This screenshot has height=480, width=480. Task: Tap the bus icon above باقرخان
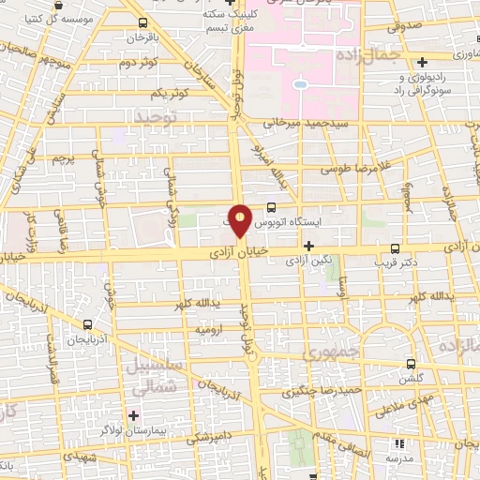[142, 22]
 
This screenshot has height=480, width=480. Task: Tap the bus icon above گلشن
[411, 363]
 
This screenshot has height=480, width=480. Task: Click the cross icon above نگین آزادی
[308, 246]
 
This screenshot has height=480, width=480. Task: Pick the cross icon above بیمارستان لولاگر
[133, 413]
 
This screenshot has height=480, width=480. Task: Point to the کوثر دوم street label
[138, 62]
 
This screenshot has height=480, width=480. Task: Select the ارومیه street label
[209, 330]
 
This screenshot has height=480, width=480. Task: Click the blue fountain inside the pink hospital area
[299, 84]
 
